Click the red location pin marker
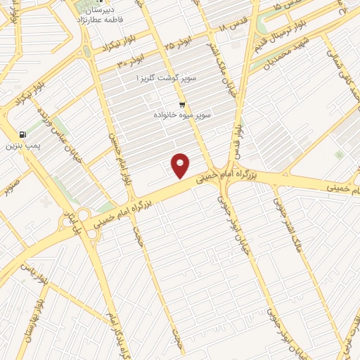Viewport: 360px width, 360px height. pos(181,166)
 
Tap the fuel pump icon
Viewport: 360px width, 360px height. pos(24,134)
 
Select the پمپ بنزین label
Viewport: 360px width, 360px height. pos(20,146)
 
